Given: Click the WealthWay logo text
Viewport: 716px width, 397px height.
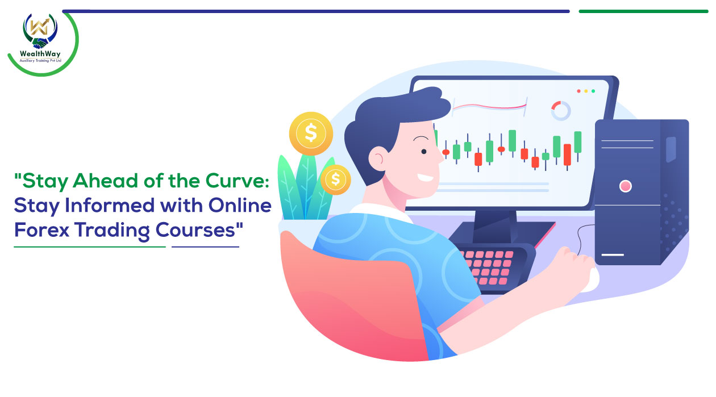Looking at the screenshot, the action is click(40, 54).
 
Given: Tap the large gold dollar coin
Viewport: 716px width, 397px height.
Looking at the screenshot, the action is click(311, 133).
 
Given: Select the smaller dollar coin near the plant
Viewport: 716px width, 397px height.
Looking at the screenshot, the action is click(336, 179).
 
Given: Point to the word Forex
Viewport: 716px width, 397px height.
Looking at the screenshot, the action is click(41, 229).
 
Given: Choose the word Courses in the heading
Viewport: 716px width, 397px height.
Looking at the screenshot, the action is click(195, 229).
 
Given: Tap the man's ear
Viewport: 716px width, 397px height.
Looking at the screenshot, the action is click(377, 158).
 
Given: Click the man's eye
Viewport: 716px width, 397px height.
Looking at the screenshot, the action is click(424, 152).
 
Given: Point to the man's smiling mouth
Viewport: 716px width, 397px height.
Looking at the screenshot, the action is click(426, 178).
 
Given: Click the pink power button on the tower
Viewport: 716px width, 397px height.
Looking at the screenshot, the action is click(626, 186).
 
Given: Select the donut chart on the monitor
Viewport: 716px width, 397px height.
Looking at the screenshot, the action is click(561, 111).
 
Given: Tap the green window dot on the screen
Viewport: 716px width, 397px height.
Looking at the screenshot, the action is click(593, 91).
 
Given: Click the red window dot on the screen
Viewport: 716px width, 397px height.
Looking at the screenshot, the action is click(578, 91).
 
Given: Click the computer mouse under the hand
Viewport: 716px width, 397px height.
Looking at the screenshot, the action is click(591, 280).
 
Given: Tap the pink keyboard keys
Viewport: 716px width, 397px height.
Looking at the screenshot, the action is click(489, 268).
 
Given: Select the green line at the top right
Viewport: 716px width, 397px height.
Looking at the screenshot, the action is click(643, 11).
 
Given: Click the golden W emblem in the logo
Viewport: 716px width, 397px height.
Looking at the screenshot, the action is click(40, 27).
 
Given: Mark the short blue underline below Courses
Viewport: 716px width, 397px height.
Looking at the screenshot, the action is click(205, 247).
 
